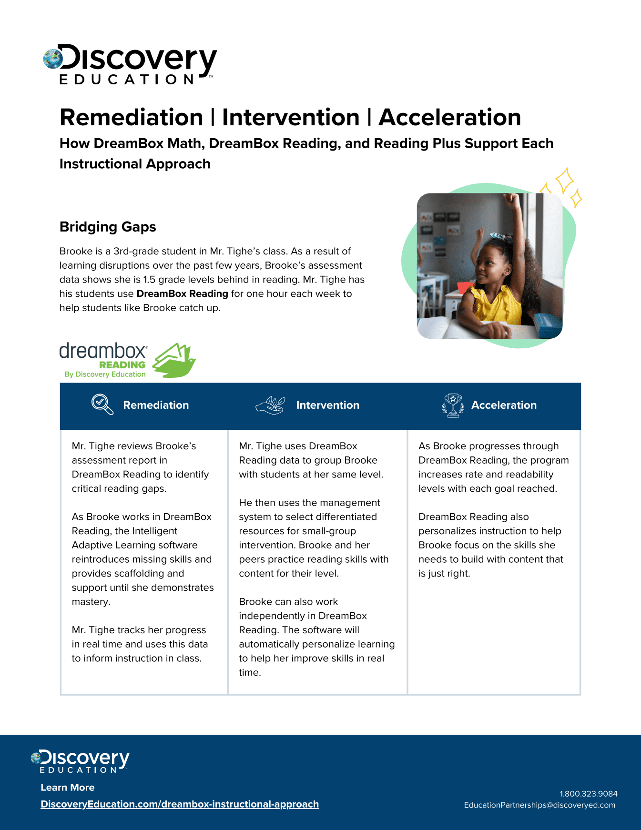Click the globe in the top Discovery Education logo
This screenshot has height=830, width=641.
point(52,59)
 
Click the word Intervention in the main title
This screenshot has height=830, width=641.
point(291,117)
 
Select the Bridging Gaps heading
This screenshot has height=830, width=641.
point(108,227)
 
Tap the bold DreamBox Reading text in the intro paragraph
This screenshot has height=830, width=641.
point(182,294)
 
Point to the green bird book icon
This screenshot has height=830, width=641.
point(174,360)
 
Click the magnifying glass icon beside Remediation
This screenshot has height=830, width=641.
point(102,404)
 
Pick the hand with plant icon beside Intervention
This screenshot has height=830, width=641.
point(270,405)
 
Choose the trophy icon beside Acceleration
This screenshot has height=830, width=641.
point(453,405)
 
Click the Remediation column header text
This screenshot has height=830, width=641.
point(156,405)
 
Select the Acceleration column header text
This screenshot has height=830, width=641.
point(504,405)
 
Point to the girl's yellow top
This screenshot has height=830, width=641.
point(496,305)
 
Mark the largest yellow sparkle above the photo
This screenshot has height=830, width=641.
point(565,180)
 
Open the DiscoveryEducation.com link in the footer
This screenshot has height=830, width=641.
point(180,804)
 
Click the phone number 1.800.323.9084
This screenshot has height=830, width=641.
point(588,794)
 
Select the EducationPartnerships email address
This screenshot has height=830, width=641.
point(539,805)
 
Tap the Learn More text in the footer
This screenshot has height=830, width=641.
point(68,788)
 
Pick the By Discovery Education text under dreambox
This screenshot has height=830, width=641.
point(105,375)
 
